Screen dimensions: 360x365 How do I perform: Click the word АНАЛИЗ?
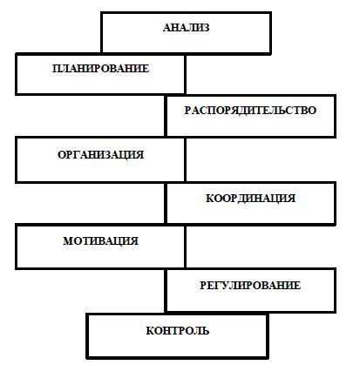pyautogui.click(x=186, y=28)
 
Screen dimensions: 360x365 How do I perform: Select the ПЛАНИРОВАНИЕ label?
pyautogui.click(x=100, y=69)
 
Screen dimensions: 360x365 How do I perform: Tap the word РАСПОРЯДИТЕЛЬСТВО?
pyautogui.click(x=250, y=111)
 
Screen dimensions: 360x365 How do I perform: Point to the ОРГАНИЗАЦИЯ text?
pyautogui.click(x=100, y=154)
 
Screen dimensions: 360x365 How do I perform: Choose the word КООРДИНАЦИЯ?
pyautogui.click(x=250, y=199)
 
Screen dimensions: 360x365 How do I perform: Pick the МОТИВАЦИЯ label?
pyautogui.click(x=100, y=241)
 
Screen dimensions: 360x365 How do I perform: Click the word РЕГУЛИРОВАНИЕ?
pyautogui.click(x=250, y=285)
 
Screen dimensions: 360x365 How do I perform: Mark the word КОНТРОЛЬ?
pyautogui.click(x=178, y=330)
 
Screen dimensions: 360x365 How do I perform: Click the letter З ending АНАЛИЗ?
pyautogui.click(x=206, y=28)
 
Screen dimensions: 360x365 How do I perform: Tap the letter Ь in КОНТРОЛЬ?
pyautogui.click(x=206, y=330)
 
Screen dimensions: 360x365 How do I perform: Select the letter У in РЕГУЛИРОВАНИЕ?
pyautogui.click(x=224, y=285)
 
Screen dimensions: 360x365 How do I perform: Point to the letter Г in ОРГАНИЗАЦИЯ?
pyautogui.click(x=77, y=154)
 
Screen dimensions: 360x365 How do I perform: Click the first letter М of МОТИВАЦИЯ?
pyautogui.click(x=68, y=241)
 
